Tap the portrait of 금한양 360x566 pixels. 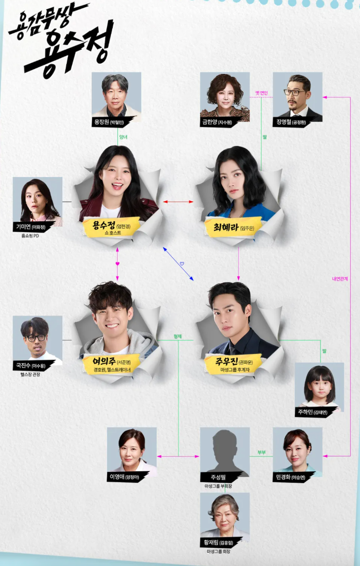tap(225, 96)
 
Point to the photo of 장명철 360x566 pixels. tap(297, 96)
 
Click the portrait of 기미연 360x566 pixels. tap(37, 201)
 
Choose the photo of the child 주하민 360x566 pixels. tap(319, 386)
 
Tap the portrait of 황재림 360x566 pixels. tap(225, 517)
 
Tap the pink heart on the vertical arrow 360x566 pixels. tap(117, 263)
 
